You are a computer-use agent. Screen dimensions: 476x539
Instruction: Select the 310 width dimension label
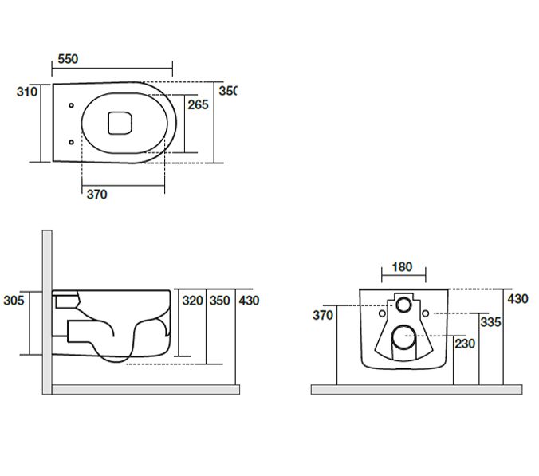coord(27,92)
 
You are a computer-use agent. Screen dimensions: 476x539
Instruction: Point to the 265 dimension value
coord(198,104)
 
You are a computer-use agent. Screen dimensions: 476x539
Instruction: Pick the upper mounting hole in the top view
coord(72,105)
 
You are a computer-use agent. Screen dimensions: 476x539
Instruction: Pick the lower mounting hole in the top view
coord(72,142)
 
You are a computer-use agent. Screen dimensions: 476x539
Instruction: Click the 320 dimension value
coord(193,301)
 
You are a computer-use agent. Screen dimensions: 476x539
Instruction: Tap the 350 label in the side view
coord(219,301)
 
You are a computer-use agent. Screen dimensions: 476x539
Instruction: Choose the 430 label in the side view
coord(249,301)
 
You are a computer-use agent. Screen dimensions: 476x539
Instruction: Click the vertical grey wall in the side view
coord(47,311)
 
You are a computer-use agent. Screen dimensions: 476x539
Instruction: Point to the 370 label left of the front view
coord(322,315)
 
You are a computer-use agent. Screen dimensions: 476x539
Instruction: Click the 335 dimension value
coord(490,322)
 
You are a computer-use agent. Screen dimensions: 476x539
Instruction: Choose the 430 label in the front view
coord(517,299)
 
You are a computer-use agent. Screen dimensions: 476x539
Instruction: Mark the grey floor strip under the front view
coord(415,389)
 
